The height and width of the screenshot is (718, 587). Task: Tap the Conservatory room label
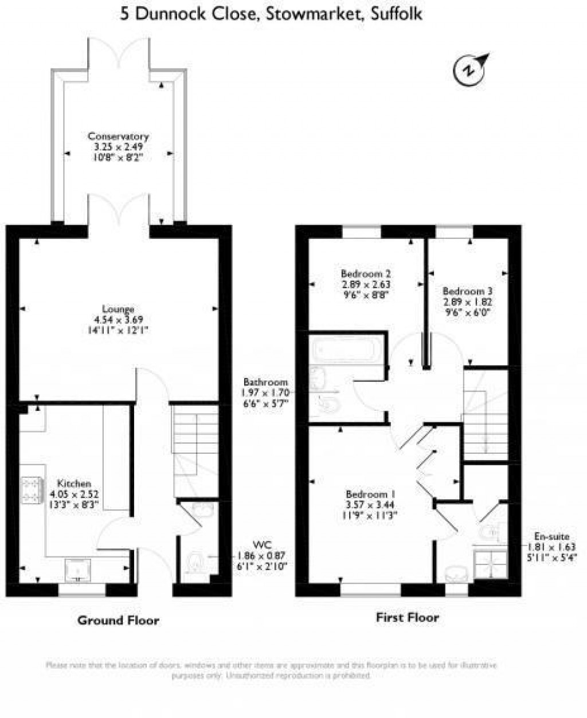tap(118, 136)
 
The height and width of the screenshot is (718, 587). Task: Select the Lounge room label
tap(119, 309)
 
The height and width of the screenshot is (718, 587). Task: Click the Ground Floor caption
tap(118, 620)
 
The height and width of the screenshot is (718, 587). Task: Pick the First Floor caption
tap(407, 617)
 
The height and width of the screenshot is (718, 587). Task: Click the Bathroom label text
tap(265, 382)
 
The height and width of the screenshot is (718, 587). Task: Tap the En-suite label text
tap(551, 537)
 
